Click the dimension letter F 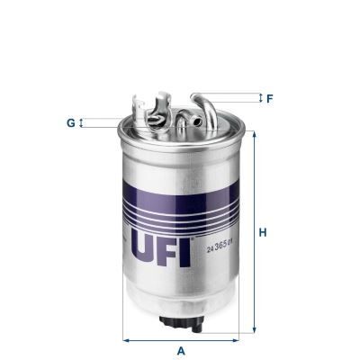coord(269,97)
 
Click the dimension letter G coord(69,121)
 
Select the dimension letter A coord(182,349)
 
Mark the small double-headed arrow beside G coord(81,121)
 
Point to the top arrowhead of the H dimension coord(253,135)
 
